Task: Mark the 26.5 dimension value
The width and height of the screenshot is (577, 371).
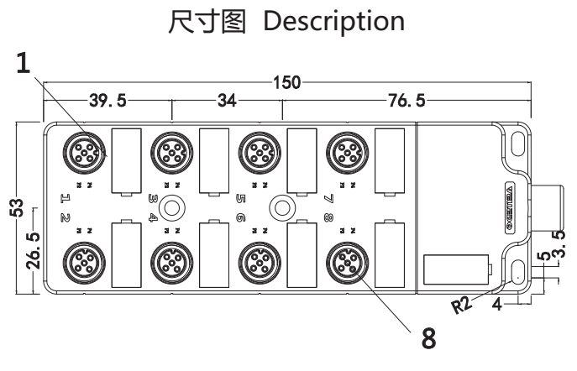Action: click(x=32, y=250)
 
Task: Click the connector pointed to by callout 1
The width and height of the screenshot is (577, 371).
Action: click(x=82, y=153)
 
